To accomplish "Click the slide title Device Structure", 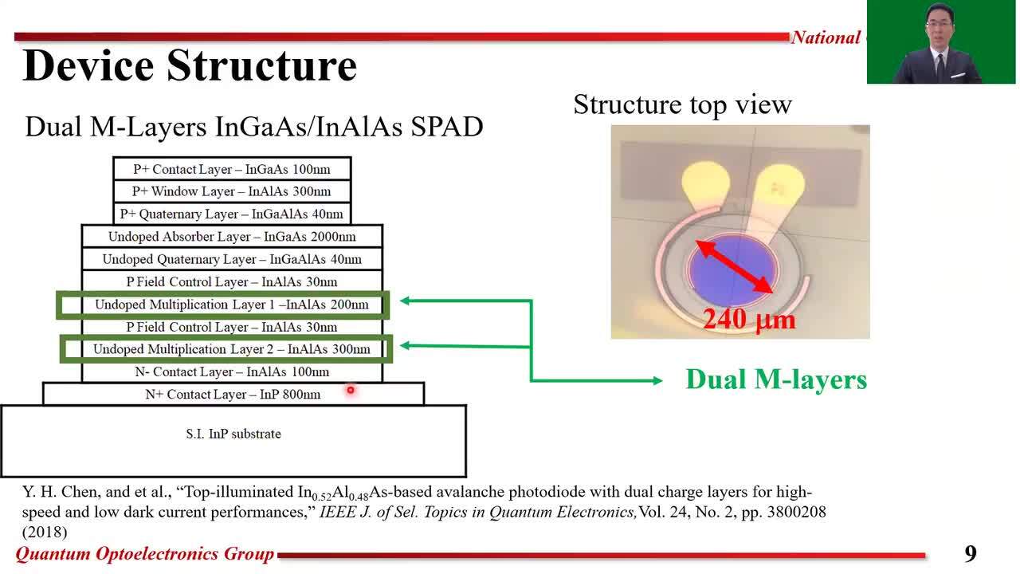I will coord(190,65).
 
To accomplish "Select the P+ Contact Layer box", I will coord(231,169).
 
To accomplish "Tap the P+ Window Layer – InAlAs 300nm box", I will coord(231,191).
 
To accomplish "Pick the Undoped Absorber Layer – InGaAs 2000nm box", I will coord(232,237).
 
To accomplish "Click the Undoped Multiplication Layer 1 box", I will coord(231,305).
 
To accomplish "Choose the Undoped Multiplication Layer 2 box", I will coord(231,349).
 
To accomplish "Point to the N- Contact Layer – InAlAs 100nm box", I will coord(232,372).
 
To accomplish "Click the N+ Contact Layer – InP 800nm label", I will coord(233,395).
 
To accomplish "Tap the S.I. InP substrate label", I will coord(233,434).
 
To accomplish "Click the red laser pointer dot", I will coord(350,390).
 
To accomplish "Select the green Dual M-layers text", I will coord(775,379).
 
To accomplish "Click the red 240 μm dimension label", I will coord(748,320).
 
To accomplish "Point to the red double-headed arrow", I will coord(735,266).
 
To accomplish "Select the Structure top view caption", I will coord(682,104).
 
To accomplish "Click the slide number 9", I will coord(970,553).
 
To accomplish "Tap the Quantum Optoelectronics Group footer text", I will coord(145,554).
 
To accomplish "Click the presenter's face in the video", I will coord(940,29).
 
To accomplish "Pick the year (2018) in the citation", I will coord(45,531).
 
